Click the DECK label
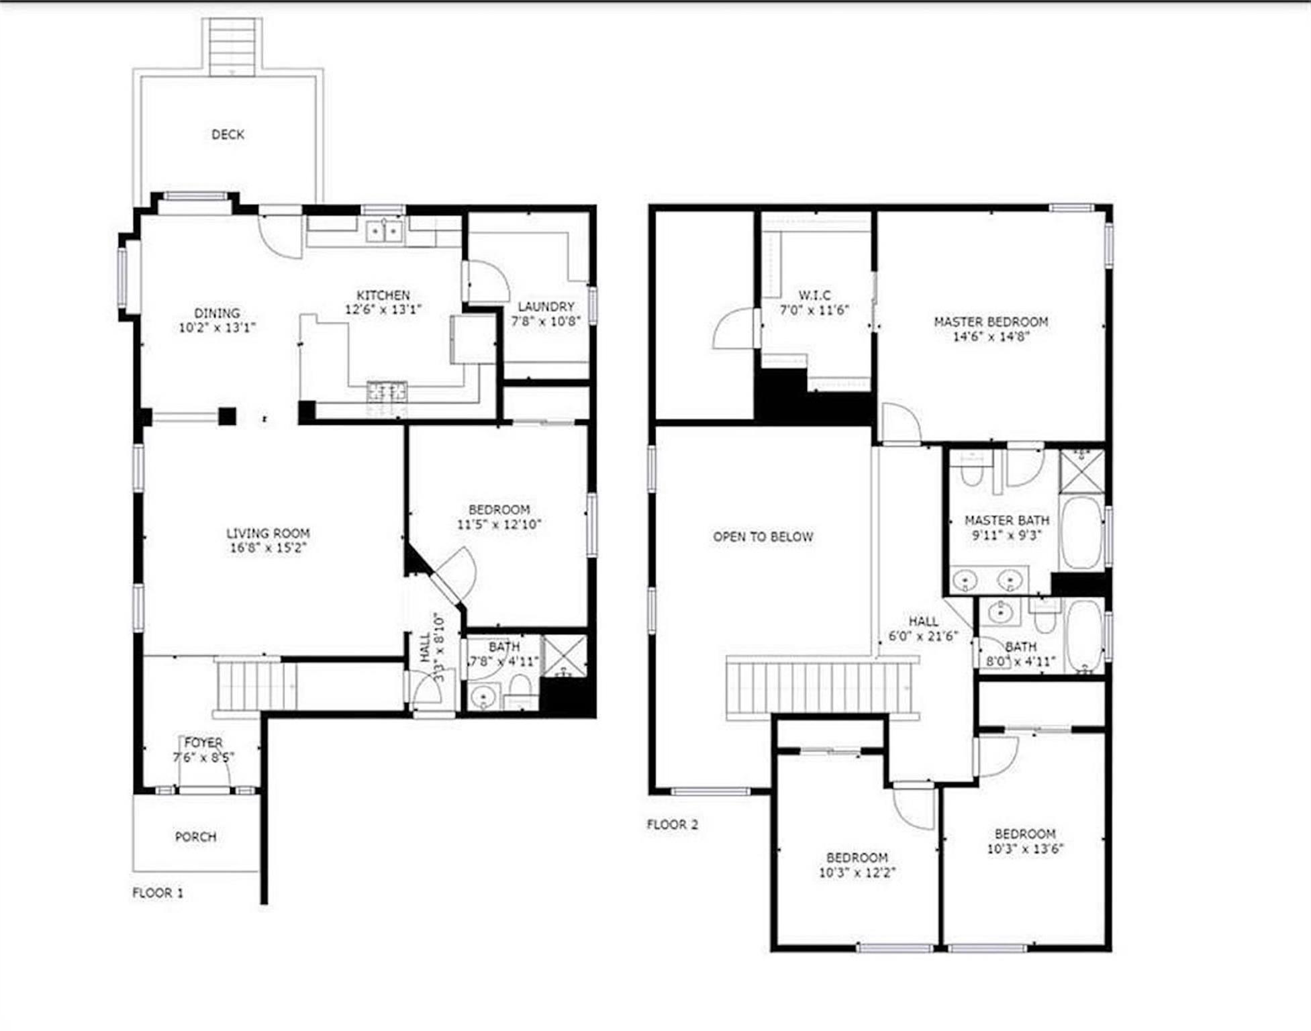click(228, 135)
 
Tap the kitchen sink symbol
click(384, 232)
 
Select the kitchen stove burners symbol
click(387, 392)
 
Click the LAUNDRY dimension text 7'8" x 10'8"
click(545, 321)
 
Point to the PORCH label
click(195, 837)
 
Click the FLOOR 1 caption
click(157, 893)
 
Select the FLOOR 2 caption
click(672, 824)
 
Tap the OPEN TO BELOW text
click(763, 537)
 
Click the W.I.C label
click(814, 295)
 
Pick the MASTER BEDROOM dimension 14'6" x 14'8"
click(991, 336)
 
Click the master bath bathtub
click(1081, 532)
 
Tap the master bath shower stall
click(1081, 471)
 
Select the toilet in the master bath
click(971, 470)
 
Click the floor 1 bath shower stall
click(565, 656)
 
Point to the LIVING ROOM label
click(268, 534)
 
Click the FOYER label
click(203, 743)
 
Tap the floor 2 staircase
click(822, 688)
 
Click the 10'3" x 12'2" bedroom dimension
click(857, 873)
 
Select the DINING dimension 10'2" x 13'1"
click(217, 328)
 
